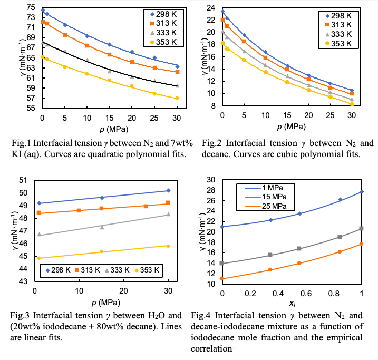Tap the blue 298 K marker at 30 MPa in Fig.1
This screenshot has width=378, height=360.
(x=177, y=66)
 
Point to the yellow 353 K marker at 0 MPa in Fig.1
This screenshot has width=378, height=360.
(x=43, y=57)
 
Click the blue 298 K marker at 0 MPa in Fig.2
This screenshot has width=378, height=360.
(x=222, y=11)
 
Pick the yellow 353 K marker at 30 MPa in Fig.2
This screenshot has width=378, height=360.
(x=352, y=104)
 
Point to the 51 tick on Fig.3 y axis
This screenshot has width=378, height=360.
(x=24, y=180)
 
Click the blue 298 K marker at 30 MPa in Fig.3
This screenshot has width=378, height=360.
(x=168, y=190)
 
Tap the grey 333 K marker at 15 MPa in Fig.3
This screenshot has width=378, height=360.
(x=102, y=227)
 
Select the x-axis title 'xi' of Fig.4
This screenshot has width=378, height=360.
(x=292, y=304)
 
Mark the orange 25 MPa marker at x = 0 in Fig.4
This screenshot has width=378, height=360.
(x=222, y=278)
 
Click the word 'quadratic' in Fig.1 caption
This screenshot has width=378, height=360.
(x=110, y=154)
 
